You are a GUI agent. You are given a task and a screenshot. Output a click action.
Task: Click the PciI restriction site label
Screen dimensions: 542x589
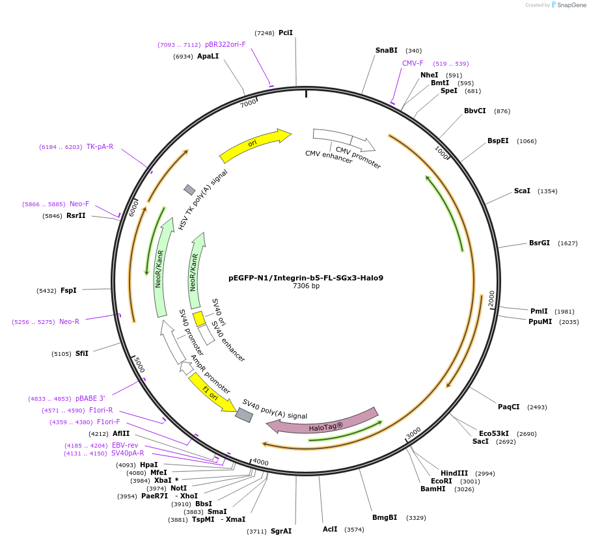[286, 33]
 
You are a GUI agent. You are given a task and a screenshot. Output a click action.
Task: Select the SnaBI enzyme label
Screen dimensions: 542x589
[387, 50]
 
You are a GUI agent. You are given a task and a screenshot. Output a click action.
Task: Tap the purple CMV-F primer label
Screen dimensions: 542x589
[413, 63]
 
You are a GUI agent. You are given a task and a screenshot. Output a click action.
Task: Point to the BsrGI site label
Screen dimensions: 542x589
[540, 243]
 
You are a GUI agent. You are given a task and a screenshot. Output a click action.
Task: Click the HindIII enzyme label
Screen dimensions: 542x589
[454, 473]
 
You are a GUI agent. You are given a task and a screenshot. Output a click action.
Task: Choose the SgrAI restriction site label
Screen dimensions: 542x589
[281, 531]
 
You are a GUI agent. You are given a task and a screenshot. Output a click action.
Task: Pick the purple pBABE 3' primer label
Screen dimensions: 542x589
[90, 398]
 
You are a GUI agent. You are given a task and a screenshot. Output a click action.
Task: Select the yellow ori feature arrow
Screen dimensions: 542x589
[254, 144]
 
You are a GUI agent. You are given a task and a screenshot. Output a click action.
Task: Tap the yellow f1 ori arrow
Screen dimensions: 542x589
[211, 393]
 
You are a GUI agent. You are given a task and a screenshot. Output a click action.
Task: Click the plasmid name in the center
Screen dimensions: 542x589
[306, 278]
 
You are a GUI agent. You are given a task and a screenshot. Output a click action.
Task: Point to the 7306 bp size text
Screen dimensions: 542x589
[306, 286]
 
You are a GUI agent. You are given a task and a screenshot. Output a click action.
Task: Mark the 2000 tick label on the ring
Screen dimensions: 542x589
[491, 299]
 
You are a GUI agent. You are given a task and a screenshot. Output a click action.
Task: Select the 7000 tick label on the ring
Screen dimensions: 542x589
[248, 103]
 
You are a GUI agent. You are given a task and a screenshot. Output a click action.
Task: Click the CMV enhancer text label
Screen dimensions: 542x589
[329, 157]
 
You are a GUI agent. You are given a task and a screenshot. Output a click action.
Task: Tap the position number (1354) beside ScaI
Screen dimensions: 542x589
[545, 191]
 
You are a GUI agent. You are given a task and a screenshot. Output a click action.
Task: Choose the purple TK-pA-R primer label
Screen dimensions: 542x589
[100, 146]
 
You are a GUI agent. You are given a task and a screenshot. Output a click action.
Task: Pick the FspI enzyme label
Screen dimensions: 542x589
[68, 290]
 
